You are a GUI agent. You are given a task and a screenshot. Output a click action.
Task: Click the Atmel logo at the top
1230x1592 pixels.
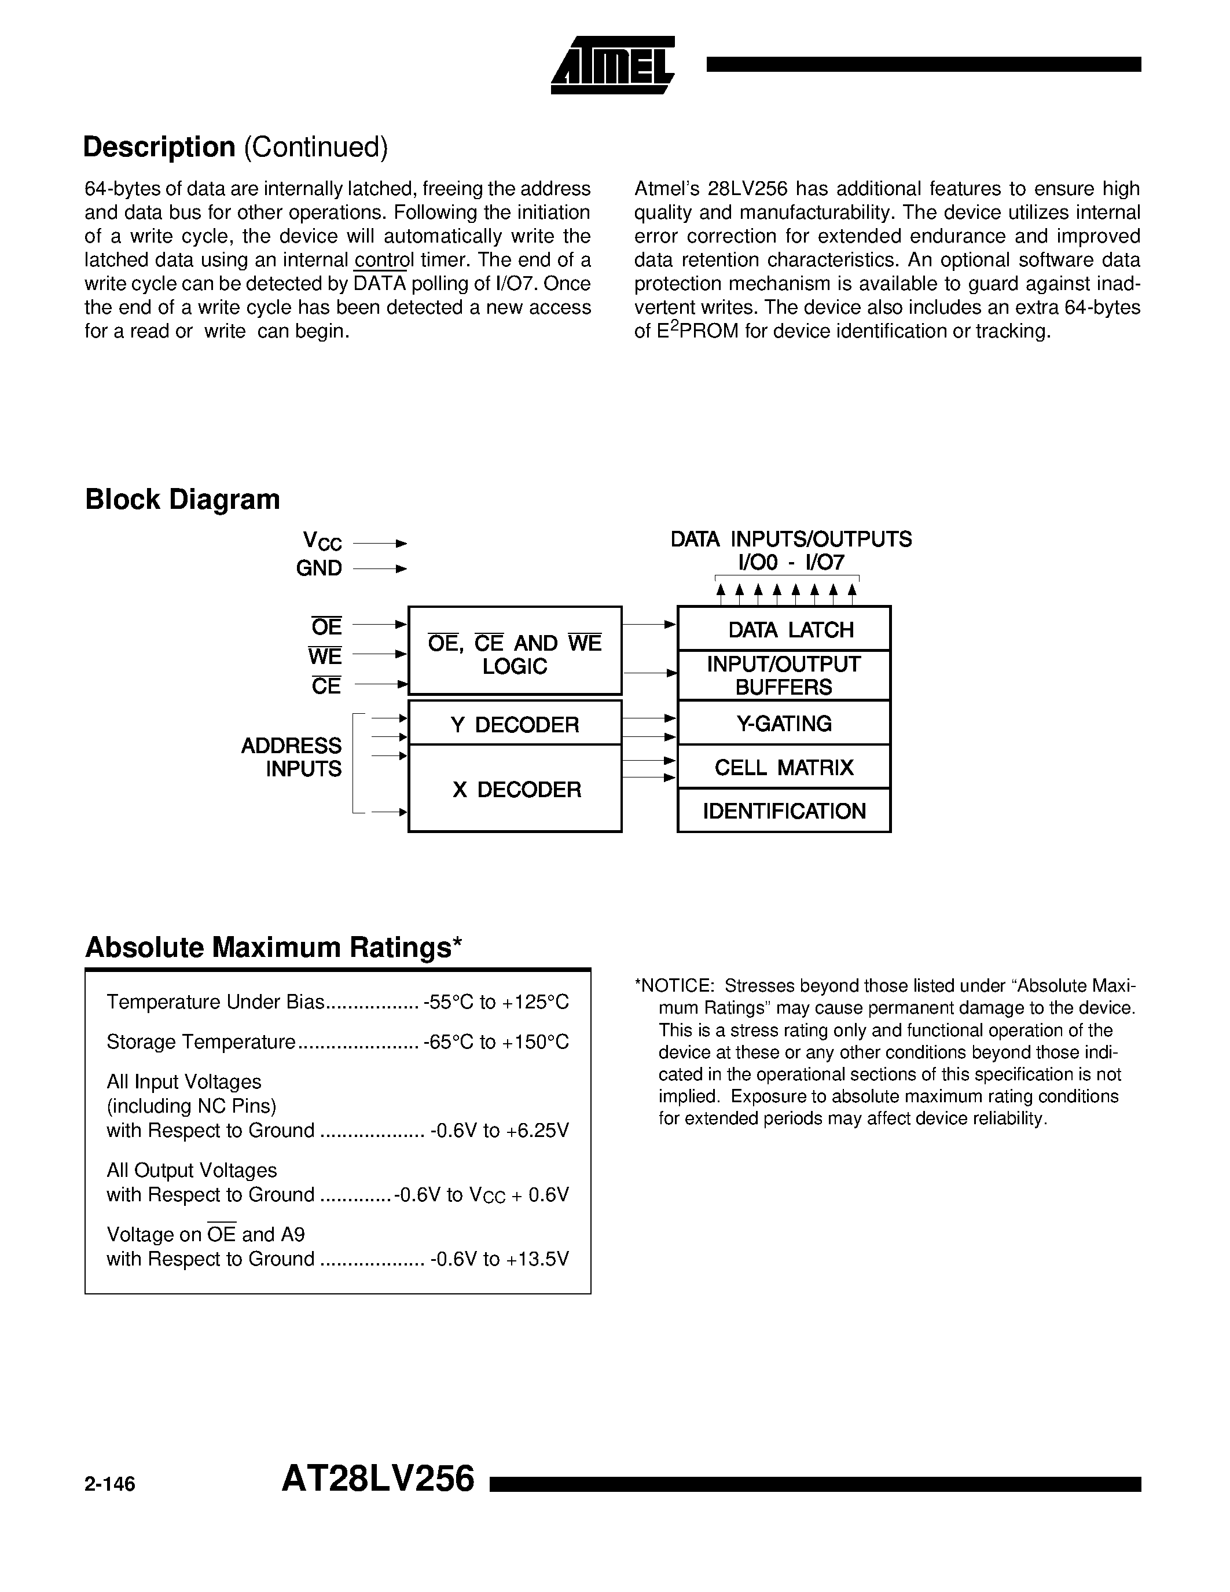coord(613,65)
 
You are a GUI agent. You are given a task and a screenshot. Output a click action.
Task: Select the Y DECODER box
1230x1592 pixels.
coord(515,724)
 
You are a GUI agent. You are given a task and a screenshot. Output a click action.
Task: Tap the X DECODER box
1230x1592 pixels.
coord(515,788)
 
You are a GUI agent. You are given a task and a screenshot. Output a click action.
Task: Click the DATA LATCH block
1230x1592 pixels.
coord(784,629)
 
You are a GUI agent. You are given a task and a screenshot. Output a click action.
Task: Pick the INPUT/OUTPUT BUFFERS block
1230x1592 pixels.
coord(784,676)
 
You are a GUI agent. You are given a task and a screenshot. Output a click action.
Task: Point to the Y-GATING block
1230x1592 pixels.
coord(784,723)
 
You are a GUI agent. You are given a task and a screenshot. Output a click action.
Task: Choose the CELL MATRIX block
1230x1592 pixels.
coord(784,767)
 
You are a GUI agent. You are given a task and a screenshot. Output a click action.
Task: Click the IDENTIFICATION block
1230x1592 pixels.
coord(784,810)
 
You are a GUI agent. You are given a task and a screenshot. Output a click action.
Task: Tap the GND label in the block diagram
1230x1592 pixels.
coord(318,568)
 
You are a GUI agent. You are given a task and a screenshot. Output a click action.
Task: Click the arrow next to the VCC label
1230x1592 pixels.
coord(380,544)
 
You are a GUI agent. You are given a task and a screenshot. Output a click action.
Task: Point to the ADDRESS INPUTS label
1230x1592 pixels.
coord(292,757)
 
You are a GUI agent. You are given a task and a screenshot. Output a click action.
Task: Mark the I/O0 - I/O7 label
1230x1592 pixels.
coord(791,562)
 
